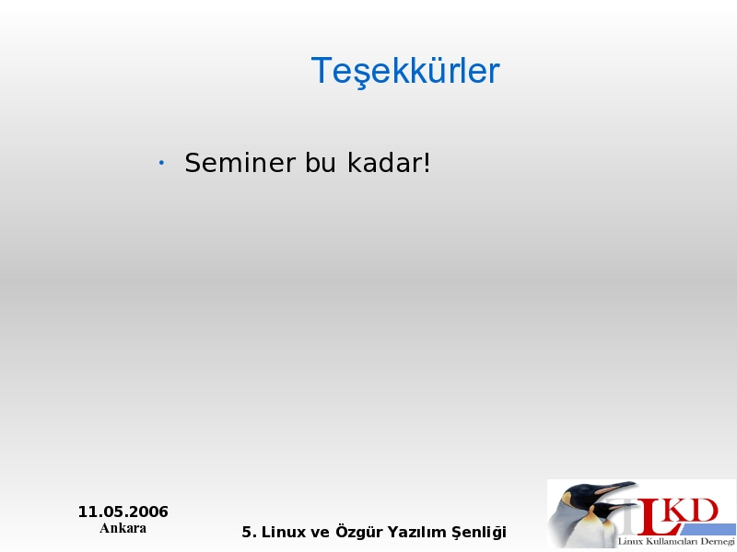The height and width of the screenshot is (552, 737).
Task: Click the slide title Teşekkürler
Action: [405, 72]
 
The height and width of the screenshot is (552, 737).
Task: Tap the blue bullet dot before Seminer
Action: [161, 163]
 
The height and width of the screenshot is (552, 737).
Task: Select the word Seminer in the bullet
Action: [240, 163]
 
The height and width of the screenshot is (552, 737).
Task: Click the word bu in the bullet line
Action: [321, 163]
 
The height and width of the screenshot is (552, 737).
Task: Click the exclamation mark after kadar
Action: [427, 163]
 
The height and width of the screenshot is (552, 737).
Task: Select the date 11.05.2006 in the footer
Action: [123, 512]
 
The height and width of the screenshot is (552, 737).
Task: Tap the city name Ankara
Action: [123, 528]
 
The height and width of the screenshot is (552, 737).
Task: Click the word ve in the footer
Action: [320, 534]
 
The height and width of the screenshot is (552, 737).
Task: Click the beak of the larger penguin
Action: [614, 488]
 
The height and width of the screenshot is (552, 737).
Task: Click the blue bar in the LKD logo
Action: [705, 529]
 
